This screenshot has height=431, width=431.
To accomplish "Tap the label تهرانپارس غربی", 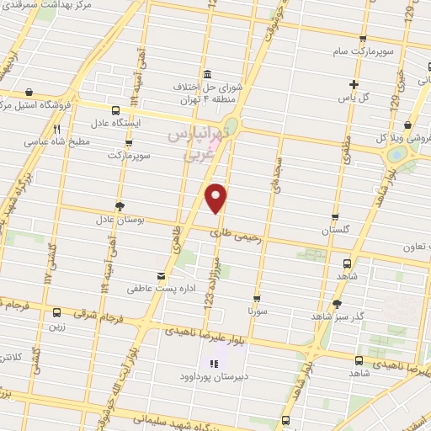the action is tap(196, 141).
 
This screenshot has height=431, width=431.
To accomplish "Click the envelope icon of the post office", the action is tap(161, 275).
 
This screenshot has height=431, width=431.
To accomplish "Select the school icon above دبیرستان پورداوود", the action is tap(214, 364).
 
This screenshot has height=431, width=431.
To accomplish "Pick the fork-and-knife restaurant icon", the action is tap(57, 129).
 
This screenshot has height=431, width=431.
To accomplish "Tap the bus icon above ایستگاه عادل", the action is tap(114, 109).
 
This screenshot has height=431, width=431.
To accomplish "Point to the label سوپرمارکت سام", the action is tap(337, 52).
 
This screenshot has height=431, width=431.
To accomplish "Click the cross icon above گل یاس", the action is tap(354, 84).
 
